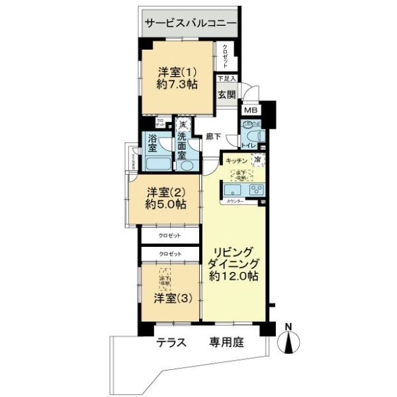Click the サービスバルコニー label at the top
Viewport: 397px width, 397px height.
[x=191, y=22]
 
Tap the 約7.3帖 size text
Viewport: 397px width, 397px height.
[x=175, y=84]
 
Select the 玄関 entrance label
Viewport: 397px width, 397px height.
[x=227, y=94]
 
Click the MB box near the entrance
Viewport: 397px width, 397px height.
[x=251, y=110]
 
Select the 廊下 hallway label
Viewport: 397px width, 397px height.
[x=213, y=137]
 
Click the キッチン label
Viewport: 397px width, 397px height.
[x=237, y=161]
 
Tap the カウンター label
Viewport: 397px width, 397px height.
[x=236, y=200]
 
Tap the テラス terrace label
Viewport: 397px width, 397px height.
[x=170, y=343]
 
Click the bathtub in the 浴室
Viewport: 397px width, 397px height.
[x=156, y=163]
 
